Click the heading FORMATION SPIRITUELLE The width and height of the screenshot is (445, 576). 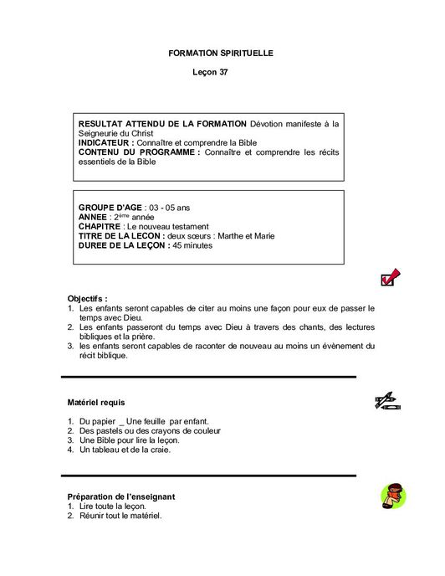[x=221, y=53]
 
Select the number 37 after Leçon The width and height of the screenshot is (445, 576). [x=223, y=73]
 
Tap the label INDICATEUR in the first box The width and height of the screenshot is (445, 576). [x=106, y=143]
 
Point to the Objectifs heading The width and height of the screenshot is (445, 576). [x=87, y=299]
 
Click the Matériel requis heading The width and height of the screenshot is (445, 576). [x=95, y=403]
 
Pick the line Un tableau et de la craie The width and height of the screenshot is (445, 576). [x=125, y=450]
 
